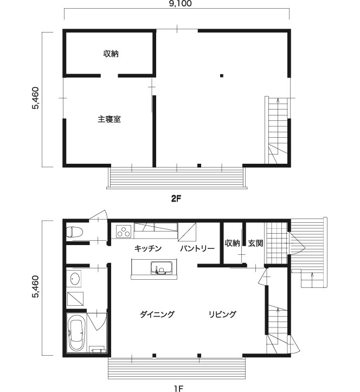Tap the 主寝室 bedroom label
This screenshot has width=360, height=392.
coord(110,119)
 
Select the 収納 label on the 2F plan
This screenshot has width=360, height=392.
coord(111,54)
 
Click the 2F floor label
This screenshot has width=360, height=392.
coord(176,199)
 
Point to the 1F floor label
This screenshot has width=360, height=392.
coord(178,388)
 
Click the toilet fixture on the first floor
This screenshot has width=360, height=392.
coord(74,232)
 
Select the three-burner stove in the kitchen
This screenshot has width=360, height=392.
coord(124,231)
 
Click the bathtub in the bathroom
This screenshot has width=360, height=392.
coord(76,332)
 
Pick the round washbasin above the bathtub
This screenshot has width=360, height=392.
coord(75,279)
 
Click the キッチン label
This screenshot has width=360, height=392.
coord(148,248)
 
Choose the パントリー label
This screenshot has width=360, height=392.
coord(197,248)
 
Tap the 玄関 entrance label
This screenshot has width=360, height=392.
coord(255,243)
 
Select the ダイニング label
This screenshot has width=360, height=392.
coord(157,314)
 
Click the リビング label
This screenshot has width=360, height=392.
coord(222,314)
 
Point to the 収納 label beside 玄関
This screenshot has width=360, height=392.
coord(232,243)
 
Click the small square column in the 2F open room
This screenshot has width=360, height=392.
coord(222,75)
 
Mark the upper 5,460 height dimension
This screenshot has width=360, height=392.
coord(35,98)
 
